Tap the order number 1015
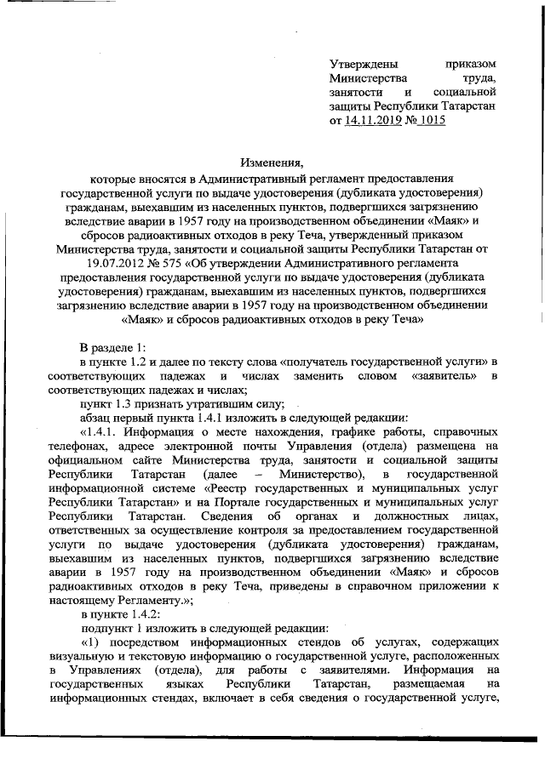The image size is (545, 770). [x=429, y=121]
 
